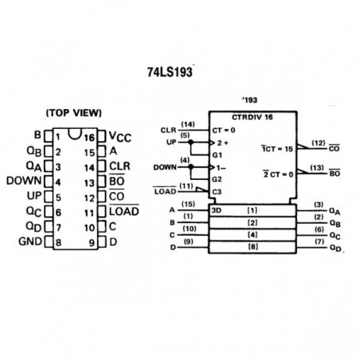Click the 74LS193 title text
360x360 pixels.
[x=170, y=72]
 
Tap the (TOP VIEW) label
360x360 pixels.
[x=74, y=113]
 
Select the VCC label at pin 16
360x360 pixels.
[x=120, y=137]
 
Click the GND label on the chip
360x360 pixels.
[x=30, y=241]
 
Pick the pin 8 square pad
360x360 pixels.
[x=49, y=242]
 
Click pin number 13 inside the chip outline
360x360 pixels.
[x=89, y=183]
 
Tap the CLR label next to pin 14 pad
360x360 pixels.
[x=119, y=166]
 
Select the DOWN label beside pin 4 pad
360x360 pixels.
[x=24, y=181]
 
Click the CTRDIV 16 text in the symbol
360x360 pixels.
[x=252, y=117]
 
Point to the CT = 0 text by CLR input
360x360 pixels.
[x=224, y=131]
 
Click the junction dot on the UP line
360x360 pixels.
[x=190, y=143]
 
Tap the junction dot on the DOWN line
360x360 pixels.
[x=190, y=167]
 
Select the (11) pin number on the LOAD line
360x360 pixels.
[x=186, y=186]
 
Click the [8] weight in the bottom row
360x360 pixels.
[x=252, y=247]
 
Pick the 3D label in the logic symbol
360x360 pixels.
[x=217, y=210]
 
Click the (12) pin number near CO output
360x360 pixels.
[x=318, y=143]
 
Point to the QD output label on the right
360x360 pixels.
[x=335, y=248]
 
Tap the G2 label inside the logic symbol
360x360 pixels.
[x=217, y=179]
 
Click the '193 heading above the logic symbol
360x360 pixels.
[x=249, y=100]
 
